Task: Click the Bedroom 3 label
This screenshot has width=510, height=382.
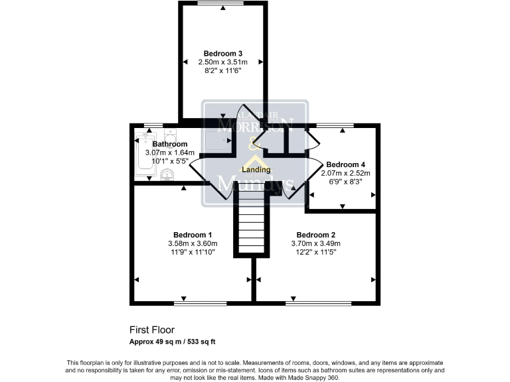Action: [222, 53]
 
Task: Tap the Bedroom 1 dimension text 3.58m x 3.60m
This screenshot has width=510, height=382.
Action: [193, 243]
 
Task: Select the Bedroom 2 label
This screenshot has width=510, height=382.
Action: [315, 235]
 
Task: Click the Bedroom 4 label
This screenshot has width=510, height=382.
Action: [345, 164]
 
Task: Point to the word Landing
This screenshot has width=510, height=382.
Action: [255, 170]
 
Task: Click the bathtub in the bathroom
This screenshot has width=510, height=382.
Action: [143, 157]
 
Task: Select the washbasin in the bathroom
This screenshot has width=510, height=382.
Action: [167, 175]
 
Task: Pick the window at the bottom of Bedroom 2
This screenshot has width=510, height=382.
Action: [319, 304]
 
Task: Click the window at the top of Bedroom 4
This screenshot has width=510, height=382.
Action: [335, 125]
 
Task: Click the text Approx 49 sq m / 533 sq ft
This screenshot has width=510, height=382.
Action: [173, 342]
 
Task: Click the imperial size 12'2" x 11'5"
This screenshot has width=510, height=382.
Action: [315, 252]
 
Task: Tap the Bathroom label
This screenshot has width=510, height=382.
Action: [170, 144]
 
